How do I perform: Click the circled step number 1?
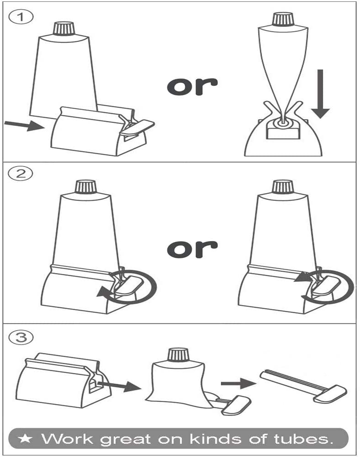(19, 18)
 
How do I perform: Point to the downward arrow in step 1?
(320, 93)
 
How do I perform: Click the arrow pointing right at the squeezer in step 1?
(22, 125)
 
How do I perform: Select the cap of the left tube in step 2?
(85, 187)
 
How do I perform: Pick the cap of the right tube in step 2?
(282, 186)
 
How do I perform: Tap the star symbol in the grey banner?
(26, 439)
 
